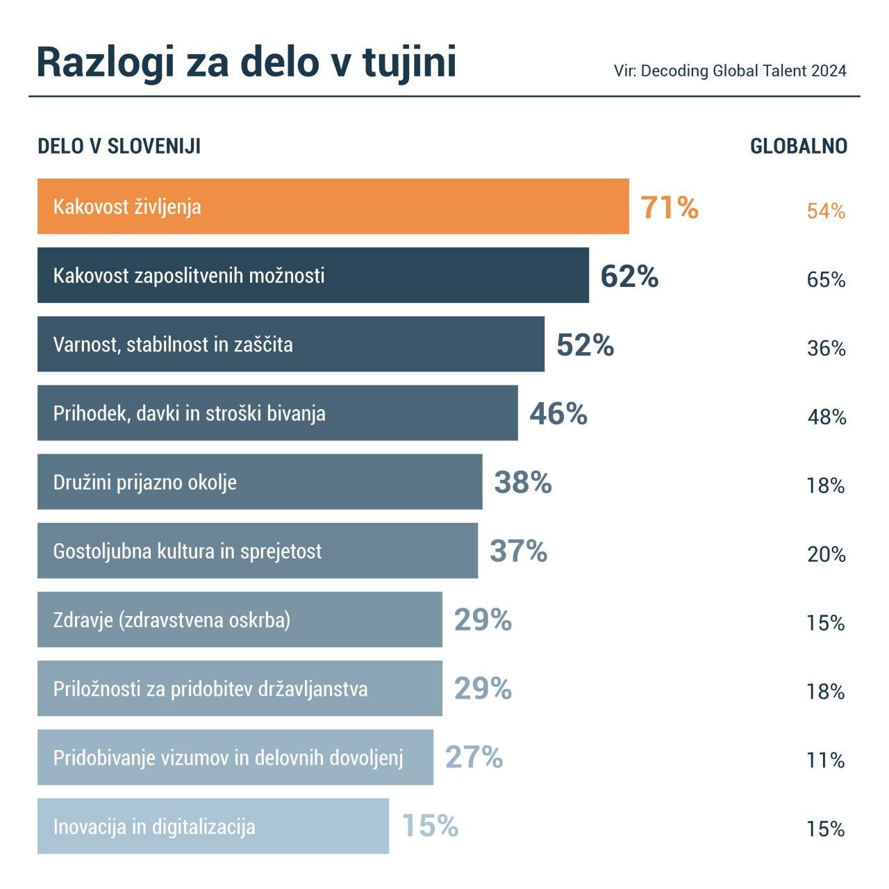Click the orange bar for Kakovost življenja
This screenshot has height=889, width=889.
[333, 206]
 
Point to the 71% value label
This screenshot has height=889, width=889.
[669, 207]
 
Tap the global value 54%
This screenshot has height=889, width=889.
[826, 211]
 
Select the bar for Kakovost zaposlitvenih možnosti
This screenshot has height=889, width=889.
[313, 275]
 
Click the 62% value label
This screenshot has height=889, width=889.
[629, 276]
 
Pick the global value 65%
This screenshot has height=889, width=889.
[826, 280]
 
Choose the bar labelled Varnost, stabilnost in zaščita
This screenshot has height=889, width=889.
[290, 344]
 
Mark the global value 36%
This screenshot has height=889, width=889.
[826, 349]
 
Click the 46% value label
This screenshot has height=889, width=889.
[558, 414]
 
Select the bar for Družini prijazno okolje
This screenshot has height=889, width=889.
[260, 482]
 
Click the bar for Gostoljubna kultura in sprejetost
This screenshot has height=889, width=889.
[257, 551]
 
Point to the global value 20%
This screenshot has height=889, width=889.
[826, 555]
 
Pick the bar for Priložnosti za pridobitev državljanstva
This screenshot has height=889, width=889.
[240, 688]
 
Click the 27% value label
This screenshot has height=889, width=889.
[474, 758]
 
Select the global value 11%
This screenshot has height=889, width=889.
[825, 761]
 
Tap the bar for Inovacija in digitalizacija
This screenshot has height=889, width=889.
[213, 826]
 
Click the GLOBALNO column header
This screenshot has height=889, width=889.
[799, 147]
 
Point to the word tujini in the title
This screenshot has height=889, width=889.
[409, 62]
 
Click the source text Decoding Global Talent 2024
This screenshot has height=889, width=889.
[743, 71]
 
